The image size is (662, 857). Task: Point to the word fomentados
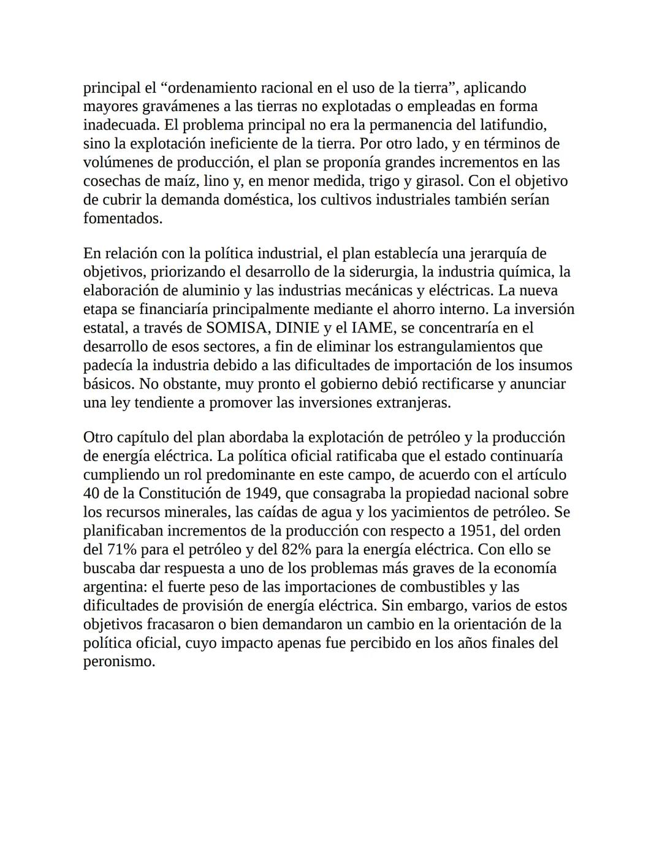tap(123, 219)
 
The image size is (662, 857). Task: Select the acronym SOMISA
tap(237, 328)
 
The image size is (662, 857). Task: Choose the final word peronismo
tap(119, 662)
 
